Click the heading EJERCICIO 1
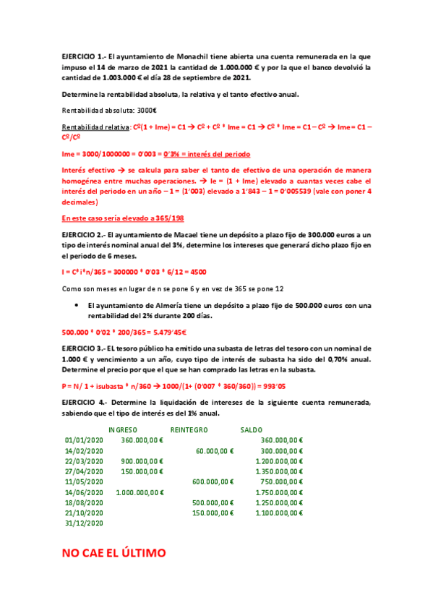coord(83,55)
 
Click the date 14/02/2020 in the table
coord(85,450)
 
